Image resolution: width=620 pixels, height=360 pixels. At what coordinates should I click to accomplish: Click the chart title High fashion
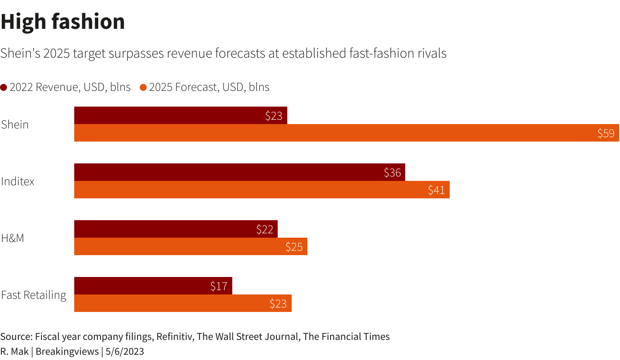click(x=63, y=22)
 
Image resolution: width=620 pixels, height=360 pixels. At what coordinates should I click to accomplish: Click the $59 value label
click(x=606, y=133)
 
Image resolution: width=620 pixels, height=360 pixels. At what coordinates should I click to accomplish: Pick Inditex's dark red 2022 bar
click(x=227, y=172)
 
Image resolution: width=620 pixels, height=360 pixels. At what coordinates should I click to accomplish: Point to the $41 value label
click(x=436, y=190)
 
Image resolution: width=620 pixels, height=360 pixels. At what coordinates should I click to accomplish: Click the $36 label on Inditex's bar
click(x=392, y=173)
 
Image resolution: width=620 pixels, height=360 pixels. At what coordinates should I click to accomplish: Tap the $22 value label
click(x=265, y=229)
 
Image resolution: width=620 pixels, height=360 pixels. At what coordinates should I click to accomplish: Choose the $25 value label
click(x=294, y=247)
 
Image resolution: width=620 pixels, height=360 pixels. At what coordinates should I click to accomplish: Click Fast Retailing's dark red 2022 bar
click(x=144, y=286)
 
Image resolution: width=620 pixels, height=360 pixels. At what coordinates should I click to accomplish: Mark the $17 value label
click(x=219, y=286)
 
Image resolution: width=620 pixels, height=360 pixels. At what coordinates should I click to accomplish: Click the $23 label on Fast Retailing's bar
click(x=278, y=304)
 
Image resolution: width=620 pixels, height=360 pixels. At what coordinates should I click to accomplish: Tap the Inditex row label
click(x=18, y=181)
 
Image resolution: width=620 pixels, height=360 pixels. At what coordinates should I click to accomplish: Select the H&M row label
click(x=13, y=238)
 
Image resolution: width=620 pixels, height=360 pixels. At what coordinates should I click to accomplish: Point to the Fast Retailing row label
click(x=34, y=295)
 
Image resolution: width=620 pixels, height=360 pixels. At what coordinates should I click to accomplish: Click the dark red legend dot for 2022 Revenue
click(x=4, y=87)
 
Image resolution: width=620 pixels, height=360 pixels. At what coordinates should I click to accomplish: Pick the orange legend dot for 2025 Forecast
click(x=143, y=87)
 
